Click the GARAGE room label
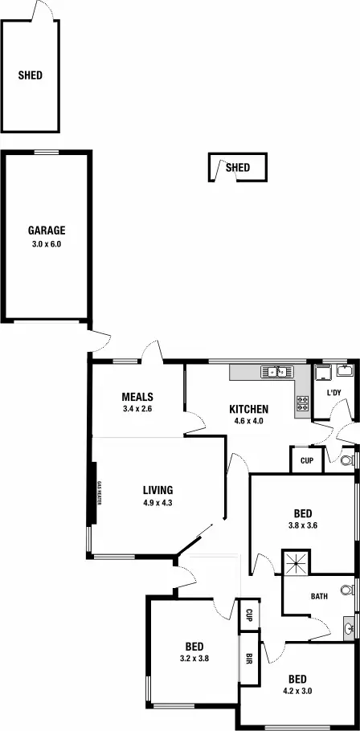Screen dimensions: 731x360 click(x=47, y=231)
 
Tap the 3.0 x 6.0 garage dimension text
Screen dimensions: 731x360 click(x=47, y=243)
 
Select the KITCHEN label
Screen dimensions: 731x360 click(x=248, y=409)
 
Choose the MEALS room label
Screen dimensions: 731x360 click(x=137, y=397)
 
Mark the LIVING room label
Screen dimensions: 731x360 click(x=158, y=490)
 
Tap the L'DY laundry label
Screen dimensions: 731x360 click(x=333, y=393)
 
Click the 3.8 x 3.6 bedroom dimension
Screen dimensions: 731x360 click(x=303, y=526)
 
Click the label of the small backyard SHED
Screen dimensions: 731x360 click(x=238, y=168)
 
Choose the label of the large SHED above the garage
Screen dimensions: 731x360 click(x=31, y=76)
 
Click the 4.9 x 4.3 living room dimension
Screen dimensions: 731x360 click(x=158, y=503)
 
